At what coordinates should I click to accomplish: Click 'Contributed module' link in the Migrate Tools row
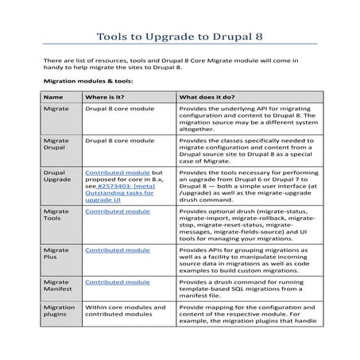coord(117,212)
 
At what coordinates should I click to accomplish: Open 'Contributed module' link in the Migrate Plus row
coord(117,250)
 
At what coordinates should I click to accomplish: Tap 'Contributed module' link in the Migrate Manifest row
coord(117,282)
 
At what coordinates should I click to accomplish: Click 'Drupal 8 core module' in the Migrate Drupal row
coord(120,140)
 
